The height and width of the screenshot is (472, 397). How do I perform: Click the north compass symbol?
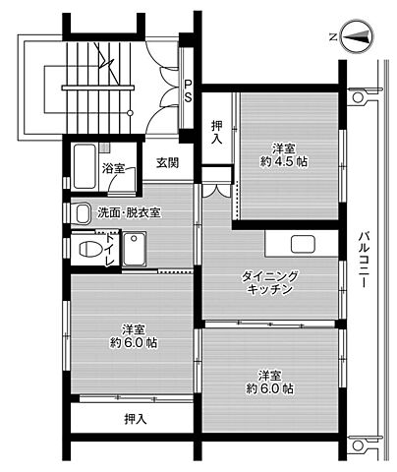click(357, 36)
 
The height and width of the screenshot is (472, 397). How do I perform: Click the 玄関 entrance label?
click(167, 163)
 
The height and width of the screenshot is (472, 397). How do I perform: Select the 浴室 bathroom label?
click(113, 169)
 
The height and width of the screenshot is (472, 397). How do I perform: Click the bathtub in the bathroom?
click(85, 166)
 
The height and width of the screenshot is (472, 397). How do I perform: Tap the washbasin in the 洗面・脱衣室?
click(83, 213)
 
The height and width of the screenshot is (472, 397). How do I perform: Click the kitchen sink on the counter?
click(303, 244)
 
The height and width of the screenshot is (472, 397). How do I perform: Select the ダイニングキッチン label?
click(269, 282)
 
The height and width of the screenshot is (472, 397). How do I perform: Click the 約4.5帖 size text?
click(284, 162)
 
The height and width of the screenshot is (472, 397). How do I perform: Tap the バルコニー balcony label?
click(362, 260)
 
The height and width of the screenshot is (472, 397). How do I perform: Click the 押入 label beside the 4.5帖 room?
click(216, 133)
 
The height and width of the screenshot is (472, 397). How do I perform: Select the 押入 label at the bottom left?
click(135, 419)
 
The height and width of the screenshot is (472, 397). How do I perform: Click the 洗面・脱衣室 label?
click(129, 213)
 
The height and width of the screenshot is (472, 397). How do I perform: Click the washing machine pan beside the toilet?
click(135, 249)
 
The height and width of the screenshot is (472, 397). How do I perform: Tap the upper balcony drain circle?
click(358, 97)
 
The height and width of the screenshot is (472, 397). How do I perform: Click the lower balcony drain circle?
click(358, 445)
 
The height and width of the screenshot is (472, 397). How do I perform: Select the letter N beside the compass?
click(333, 37)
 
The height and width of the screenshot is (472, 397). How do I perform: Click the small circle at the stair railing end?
click(130, 113)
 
